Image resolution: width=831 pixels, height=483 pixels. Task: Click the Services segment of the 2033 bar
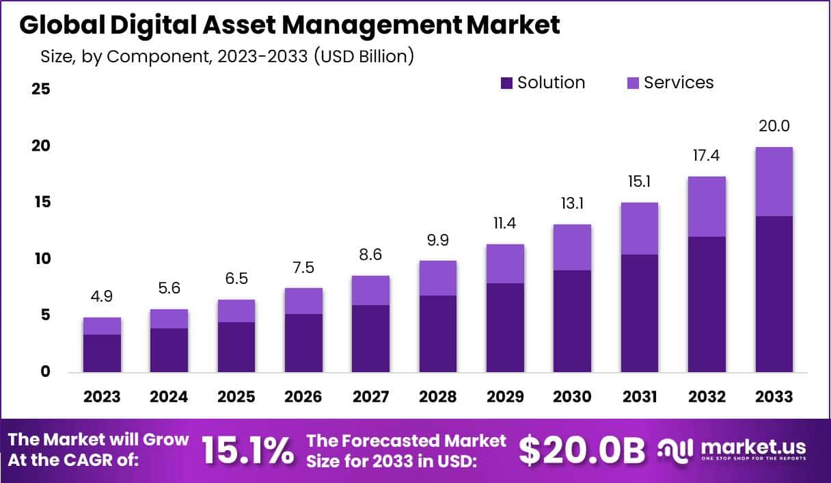[774, 181]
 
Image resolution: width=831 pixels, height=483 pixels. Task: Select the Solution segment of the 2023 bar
[102, 353]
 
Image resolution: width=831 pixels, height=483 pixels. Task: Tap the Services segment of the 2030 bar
[572, 247]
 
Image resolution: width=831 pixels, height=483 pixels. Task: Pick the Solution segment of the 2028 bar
[438, 334]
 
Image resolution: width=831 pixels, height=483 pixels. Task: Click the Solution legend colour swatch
[506, 83]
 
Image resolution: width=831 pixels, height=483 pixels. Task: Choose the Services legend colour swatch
[633, 83]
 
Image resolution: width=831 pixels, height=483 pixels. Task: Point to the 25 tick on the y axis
[41, 90]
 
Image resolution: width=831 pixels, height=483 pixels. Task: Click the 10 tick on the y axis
[41, 259]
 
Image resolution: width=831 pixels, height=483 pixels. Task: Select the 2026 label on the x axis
[303, 397]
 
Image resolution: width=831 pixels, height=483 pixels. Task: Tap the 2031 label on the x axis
[640, 397]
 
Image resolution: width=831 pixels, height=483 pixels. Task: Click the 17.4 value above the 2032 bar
[707, 156]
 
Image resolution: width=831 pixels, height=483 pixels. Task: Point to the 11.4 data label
[505, 224]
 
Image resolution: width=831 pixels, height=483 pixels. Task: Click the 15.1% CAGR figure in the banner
[247, 450]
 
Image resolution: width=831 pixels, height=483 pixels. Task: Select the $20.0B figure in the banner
[582, 450]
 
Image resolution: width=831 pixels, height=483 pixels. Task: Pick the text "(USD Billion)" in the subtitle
[364, 56]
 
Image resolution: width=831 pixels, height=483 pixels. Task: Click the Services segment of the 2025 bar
[236, 311]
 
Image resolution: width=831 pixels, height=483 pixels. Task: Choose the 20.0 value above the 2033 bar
[774, 127]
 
